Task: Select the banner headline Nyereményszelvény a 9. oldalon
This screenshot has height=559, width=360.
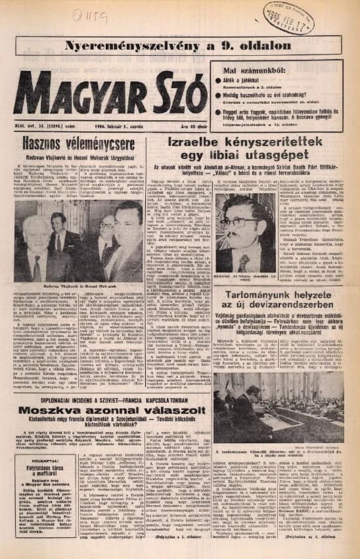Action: [179, 45]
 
